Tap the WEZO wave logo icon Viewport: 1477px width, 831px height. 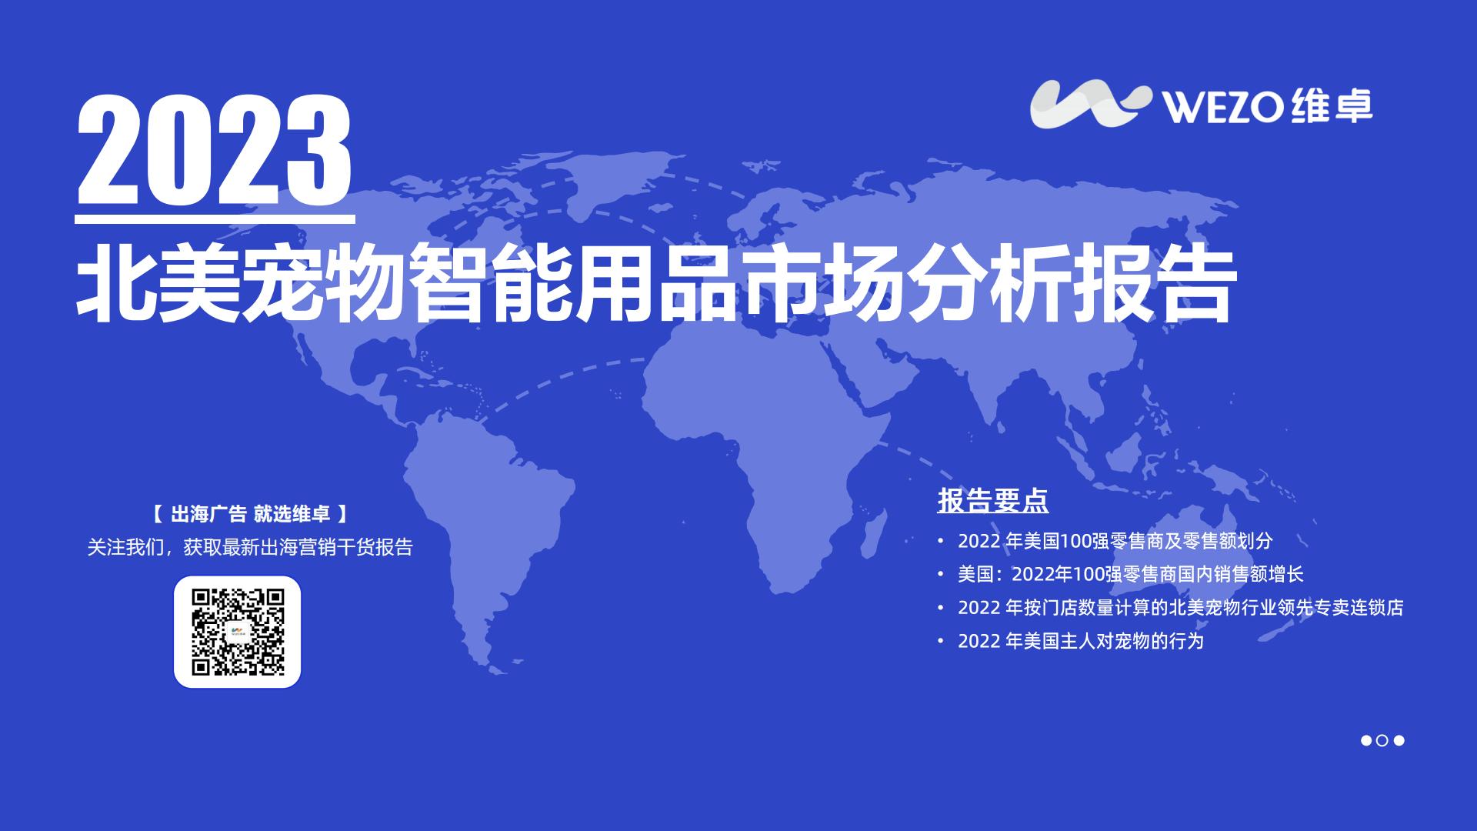coord(1091,104)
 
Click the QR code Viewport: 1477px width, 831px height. coord(238,632)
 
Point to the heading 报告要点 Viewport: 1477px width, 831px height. coord(992,501)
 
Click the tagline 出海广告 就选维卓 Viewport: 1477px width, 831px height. coord(250,514)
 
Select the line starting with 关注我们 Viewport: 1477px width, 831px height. coord(250,547)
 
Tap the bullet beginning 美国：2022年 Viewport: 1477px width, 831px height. coord(1130,574)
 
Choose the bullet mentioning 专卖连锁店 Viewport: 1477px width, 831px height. coord(1180,607)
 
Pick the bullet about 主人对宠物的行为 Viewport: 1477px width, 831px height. coord(1080,641)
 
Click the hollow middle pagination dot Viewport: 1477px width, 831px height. coord(1382,740)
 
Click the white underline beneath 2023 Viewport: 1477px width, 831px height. coord(215,219)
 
